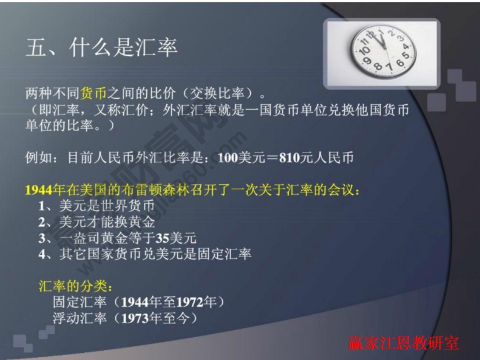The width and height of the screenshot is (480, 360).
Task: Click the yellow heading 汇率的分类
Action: pos(75,286)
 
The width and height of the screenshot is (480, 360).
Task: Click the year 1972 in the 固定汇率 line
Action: pos(190,302)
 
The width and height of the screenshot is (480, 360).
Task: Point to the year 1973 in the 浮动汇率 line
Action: pos(135,318)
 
